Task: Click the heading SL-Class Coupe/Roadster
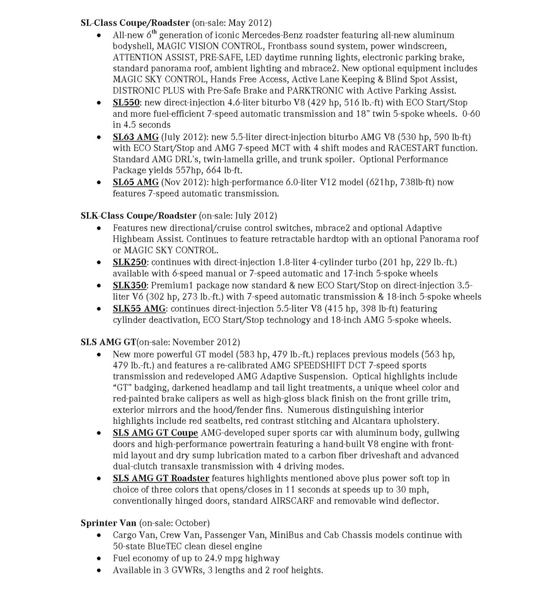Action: click(135, 23)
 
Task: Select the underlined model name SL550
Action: click(127, 103)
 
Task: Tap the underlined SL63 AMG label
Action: click(135, 137)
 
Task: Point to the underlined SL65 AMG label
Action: click(135, 182)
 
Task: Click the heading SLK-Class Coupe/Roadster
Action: click(138, 215)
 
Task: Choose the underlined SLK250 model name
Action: click(129, 262)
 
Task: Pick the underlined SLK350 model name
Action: click(129, 285)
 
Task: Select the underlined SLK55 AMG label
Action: click(139, 309)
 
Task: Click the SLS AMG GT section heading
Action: click(108, 342)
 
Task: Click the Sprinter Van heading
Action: click(108, 523)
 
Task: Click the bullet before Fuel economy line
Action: click(99, 559)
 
